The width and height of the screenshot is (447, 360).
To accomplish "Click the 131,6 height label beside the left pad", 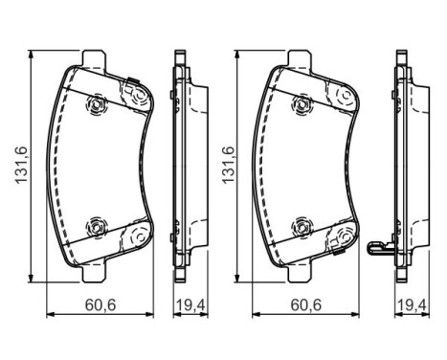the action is (22, 165).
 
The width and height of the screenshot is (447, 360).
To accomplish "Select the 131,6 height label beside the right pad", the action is (228, 165).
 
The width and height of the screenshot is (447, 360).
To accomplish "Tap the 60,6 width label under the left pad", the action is (101, 305).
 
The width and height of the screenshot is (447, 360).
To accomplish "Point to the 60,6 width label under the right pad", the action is (306, 305).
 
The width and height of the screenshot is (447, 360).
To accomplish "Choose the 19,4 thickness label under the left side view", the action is (190, 305).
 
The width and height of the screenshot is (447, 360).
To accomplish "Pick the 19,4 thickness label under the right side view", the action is (413, 305).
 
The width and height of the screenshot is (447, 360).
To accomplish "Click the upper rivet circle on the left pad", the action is (97, 104).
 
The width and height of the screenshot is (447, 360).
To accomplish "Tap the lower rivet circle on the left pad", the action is (96, 227).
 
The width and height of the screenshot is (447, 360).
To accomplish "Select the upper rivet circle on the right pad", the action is (302, 104).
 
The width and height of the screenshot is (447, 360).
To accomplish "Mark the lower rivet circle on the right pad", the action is (302, 227).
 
